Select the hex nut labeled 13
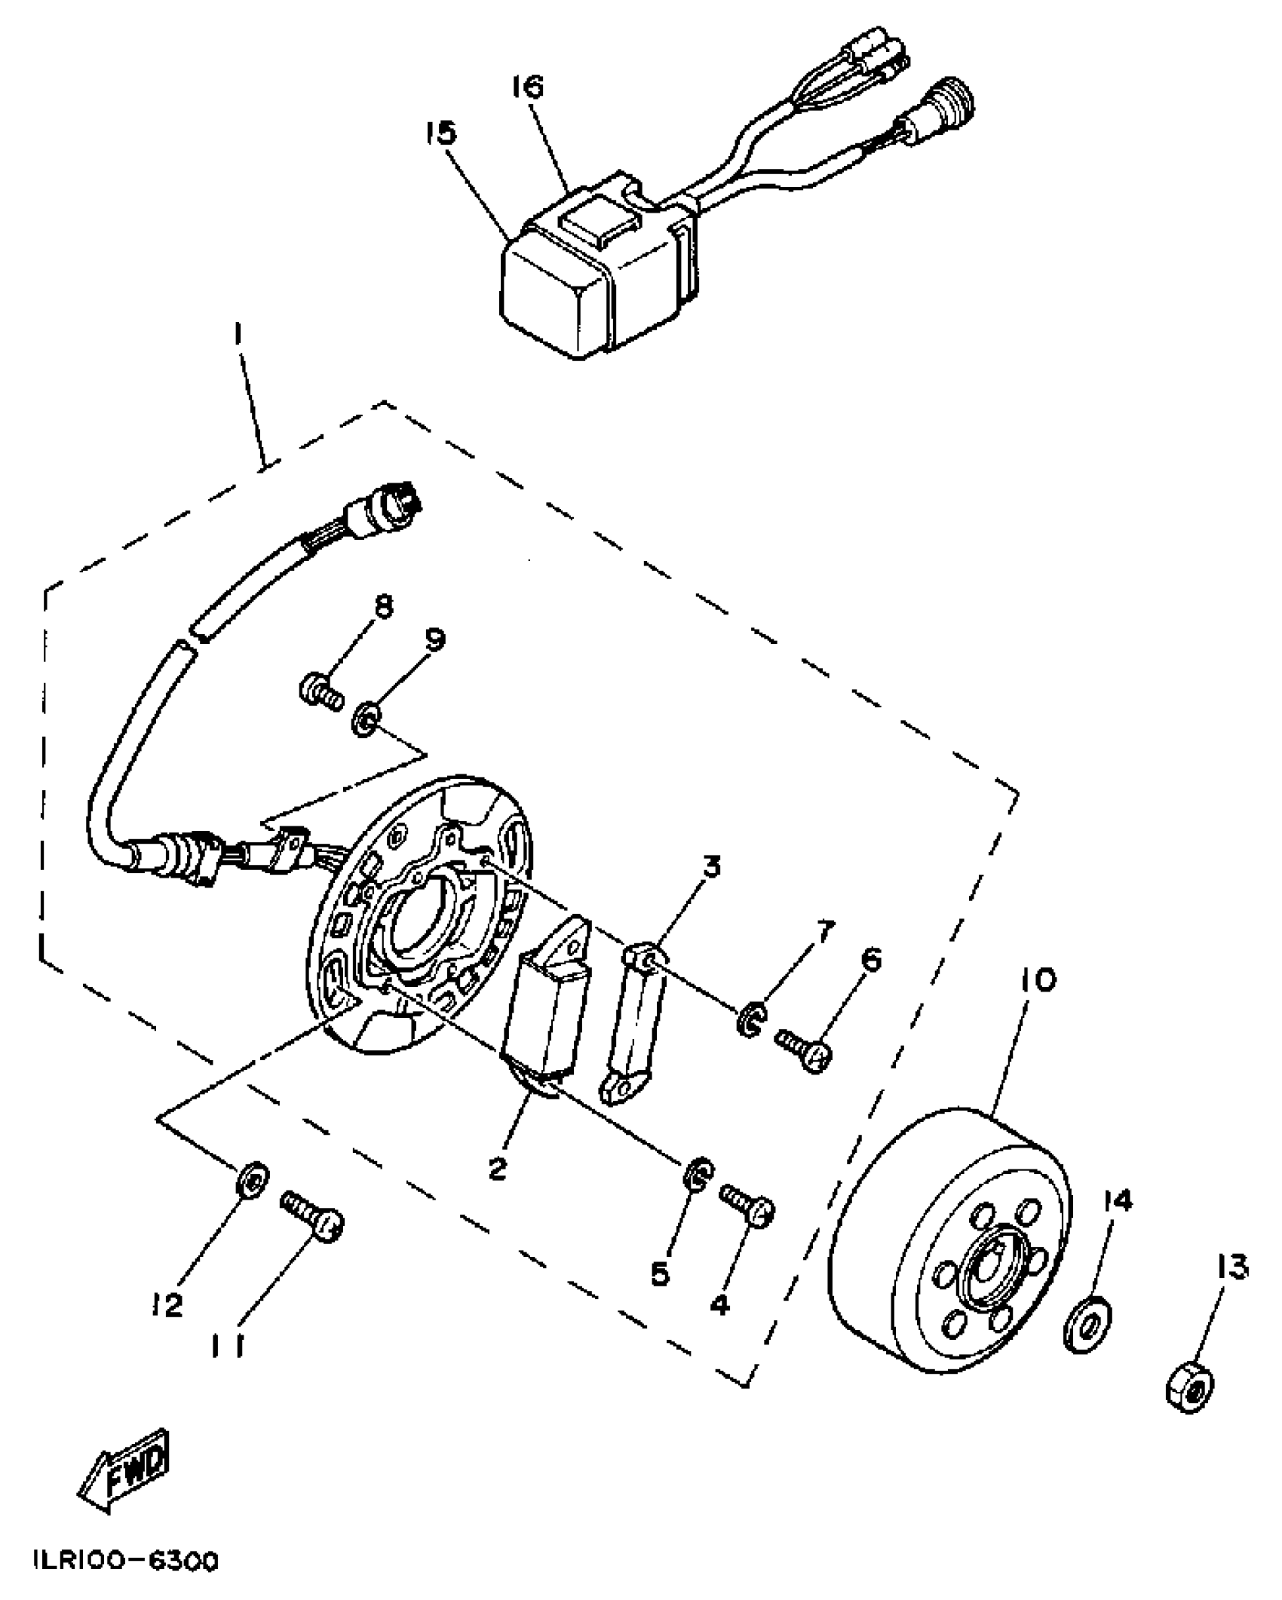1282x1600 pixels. (1190, 1387)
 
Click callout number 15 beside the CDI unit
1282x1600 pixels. (440, 134)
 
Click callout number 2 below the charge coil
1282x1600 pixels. (497, 1168)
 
